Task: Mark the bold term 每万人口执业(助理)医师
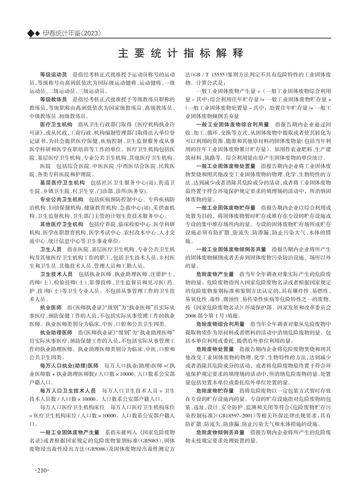[x=69, y=363]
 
